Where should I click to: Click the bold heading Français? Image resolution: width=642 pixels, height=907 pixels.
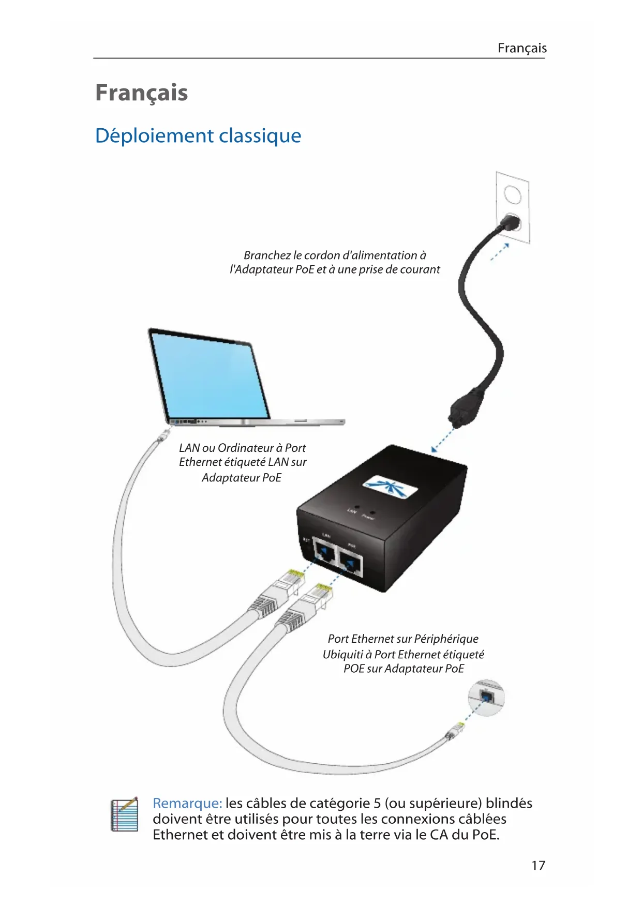click(x=141, y=93)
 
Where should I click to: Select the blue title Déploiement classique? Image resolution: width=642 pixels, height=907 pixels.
click(x=198, y=135)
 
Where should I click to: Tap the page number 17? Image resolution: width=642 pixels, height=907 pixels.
click(x=538, y=865)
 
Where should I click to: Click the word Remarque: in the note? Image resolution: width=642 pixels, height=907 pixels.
click(x=187, y=803)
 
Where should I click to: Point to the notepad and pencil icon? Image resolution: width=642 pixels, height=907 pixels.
click(x=125, y=814)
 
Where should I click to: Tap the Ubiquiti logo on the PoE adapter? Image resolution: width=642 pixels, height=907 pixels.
click(x=390, y=487)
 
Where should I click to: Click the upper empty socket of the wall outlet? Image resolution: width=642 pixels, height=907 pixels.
click(x=512, y=195)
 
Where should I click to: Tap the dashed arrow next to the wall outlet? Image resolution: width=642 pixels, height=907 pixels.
click(x=500, y=252)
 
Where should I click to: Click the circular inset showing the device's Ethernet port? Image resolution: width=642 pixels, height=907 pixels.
click(x=486, y=698)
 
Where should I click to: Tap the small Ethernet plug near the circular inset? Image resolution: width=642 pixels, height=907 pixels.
click(x=455, y=731)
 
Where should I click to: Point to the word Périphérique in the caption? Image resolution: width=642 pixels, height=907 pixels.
click(x=446, y=639)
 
